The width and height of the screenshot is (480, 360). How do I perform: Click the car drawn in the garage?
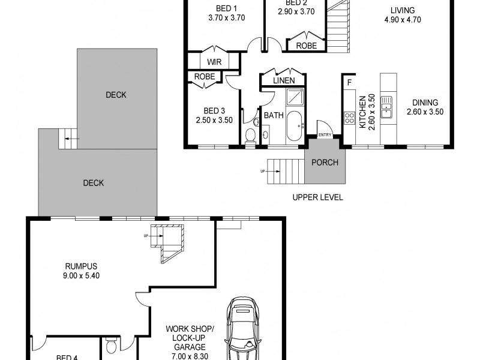click(244, 330)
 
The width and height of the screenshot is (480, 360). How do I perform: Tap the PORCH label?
click(325, 163)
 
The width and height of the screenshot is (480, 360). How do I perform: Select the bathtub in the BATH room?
click(294, 126)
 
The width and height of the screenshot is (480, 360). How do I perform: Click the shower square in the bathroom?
click(295, 97)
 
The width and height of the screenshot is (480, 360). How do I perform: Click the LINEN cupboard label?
click(284, 80)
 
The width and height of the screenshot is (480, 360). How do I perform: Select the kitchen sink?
click(386, 106)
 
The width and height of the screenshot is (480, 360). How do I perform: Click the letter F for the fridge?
click(349, 82)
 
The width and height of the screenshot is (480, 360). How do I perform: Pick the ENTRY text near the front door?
click(325, 135)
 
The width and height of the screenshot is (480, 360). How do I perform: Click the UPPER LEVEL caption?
click(317, 197)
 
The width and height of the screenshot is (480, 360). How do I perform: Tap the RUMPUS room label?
click(82, 266)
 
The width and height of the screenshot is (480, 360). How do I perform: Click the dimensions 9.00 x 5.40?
click(82, 277)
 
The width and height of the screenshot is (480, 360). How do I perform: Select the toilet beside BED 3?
click(250, 136)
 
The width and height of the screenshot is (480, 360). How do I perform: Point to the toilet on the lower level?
click(112, 347)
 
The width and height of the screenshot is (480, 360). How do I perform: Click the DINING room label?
click(425, 103)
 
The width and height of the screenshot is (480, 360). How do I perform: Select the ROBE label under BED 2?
click(306, 45)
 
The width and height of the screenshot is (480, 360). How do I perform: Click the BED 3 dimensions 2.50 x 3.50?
click(214, 120)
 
